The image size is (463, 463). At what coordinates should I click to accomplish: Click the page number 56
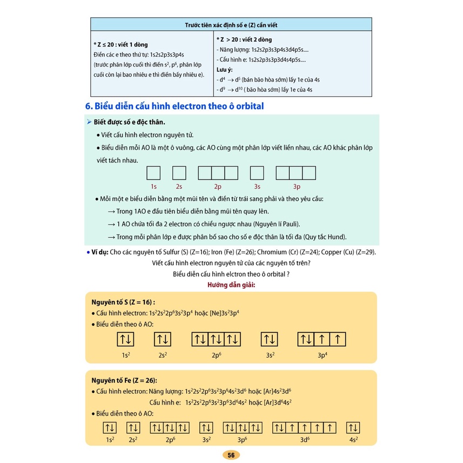coord(231,455)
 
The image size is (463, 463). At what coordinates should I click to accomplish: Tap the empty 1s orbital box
coord(153,173)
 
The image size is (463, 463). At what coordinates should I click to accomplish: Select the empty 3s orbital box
coord(257,173)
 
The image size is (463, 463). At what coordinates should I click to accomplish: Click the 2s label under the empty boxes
coord(179,186)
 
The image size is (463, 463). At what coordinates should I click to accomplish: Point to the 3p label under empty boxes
coord(296,186)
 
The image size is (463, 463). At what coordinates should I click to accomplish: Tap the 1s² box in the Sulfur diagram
coord(125,339)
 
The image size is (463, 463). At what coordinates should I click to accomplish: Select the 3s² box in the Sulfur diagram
coord(270,339)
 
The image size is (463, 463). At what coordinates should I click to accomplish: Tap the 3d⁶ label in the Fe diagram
coord(305,440)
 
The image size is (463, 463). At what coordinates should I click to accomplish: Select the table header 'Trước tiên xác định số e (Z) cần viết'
coord(231,25)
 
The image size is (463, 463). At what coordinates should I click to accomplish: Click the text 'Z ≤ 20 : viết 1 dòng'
coord(120,44)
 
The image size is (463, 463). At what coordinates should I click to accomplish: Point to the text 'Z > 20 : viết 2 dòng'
coord(244,39)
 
